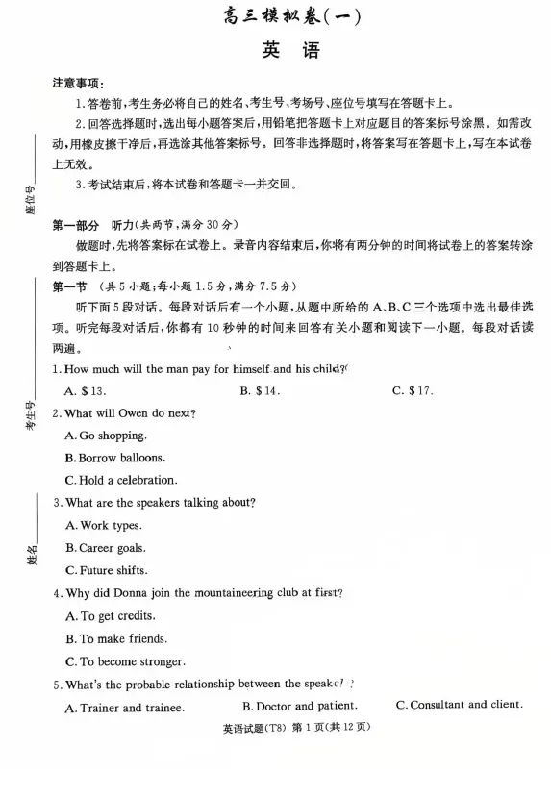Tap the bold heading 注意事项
78,85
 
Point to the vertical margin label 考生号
30,415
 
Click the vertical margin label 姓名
32,555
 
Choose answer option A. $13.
85,391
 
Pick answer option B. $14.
260,391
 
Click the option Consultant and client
460,705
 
